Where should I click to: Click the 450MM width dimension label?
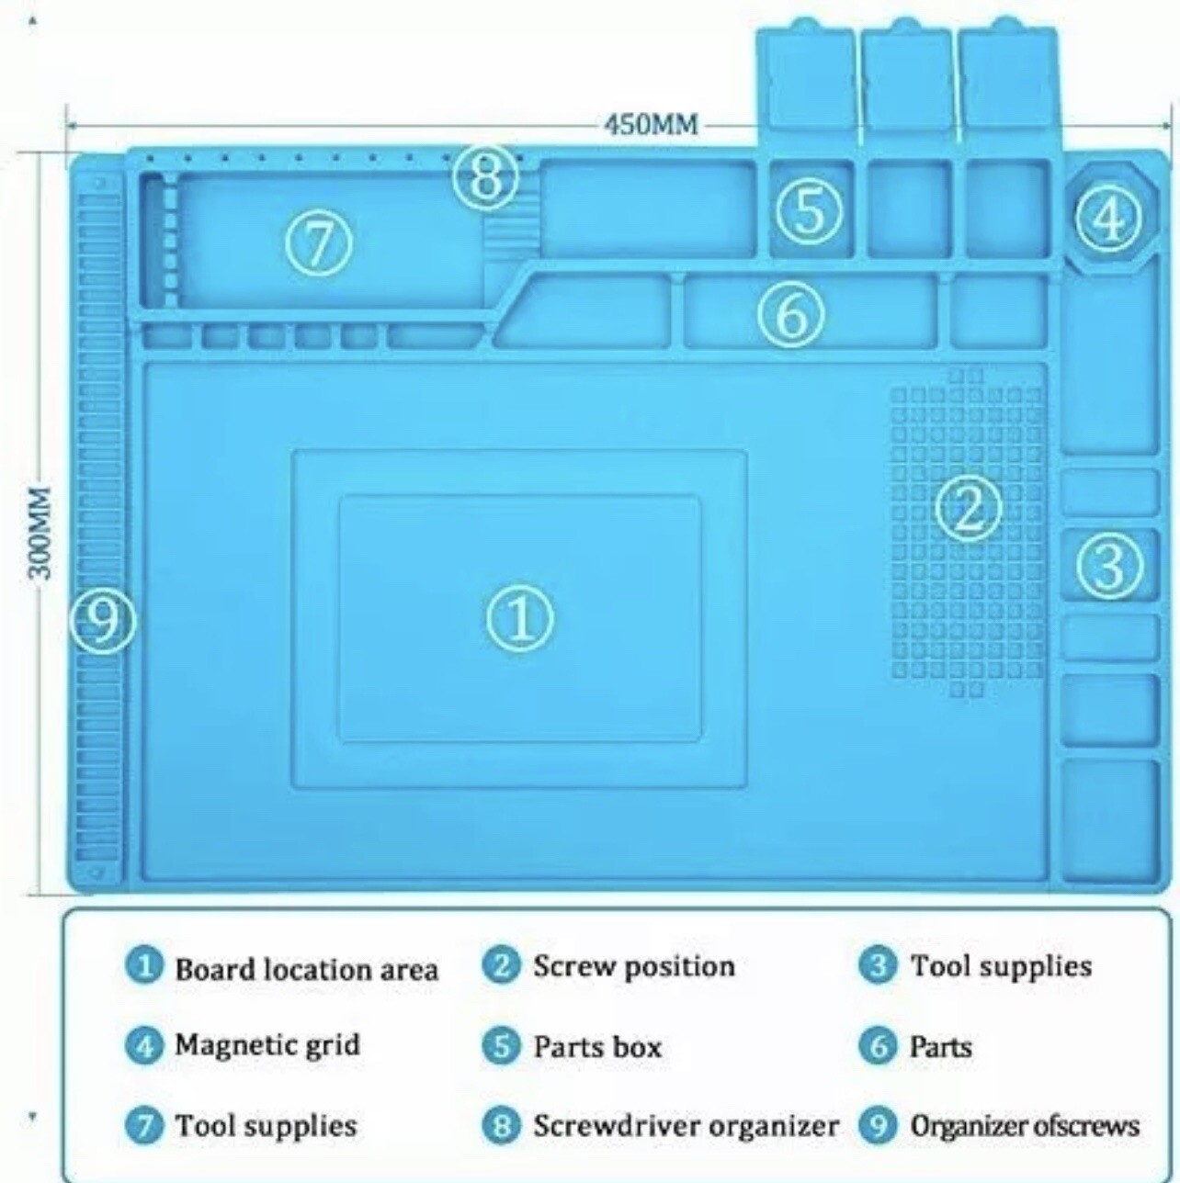(x=652, y=126)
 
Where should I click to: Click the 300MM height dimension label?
(x=41, y=533)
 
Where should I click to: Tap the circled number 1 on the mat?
(x=519, y=619)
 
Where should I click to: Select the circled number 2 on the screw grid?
(x=969, y=508)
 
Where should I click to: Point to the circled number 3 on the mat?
(x=1109, y=565)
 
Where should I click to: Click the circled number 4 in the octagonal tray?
(x=1109, y=218)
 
